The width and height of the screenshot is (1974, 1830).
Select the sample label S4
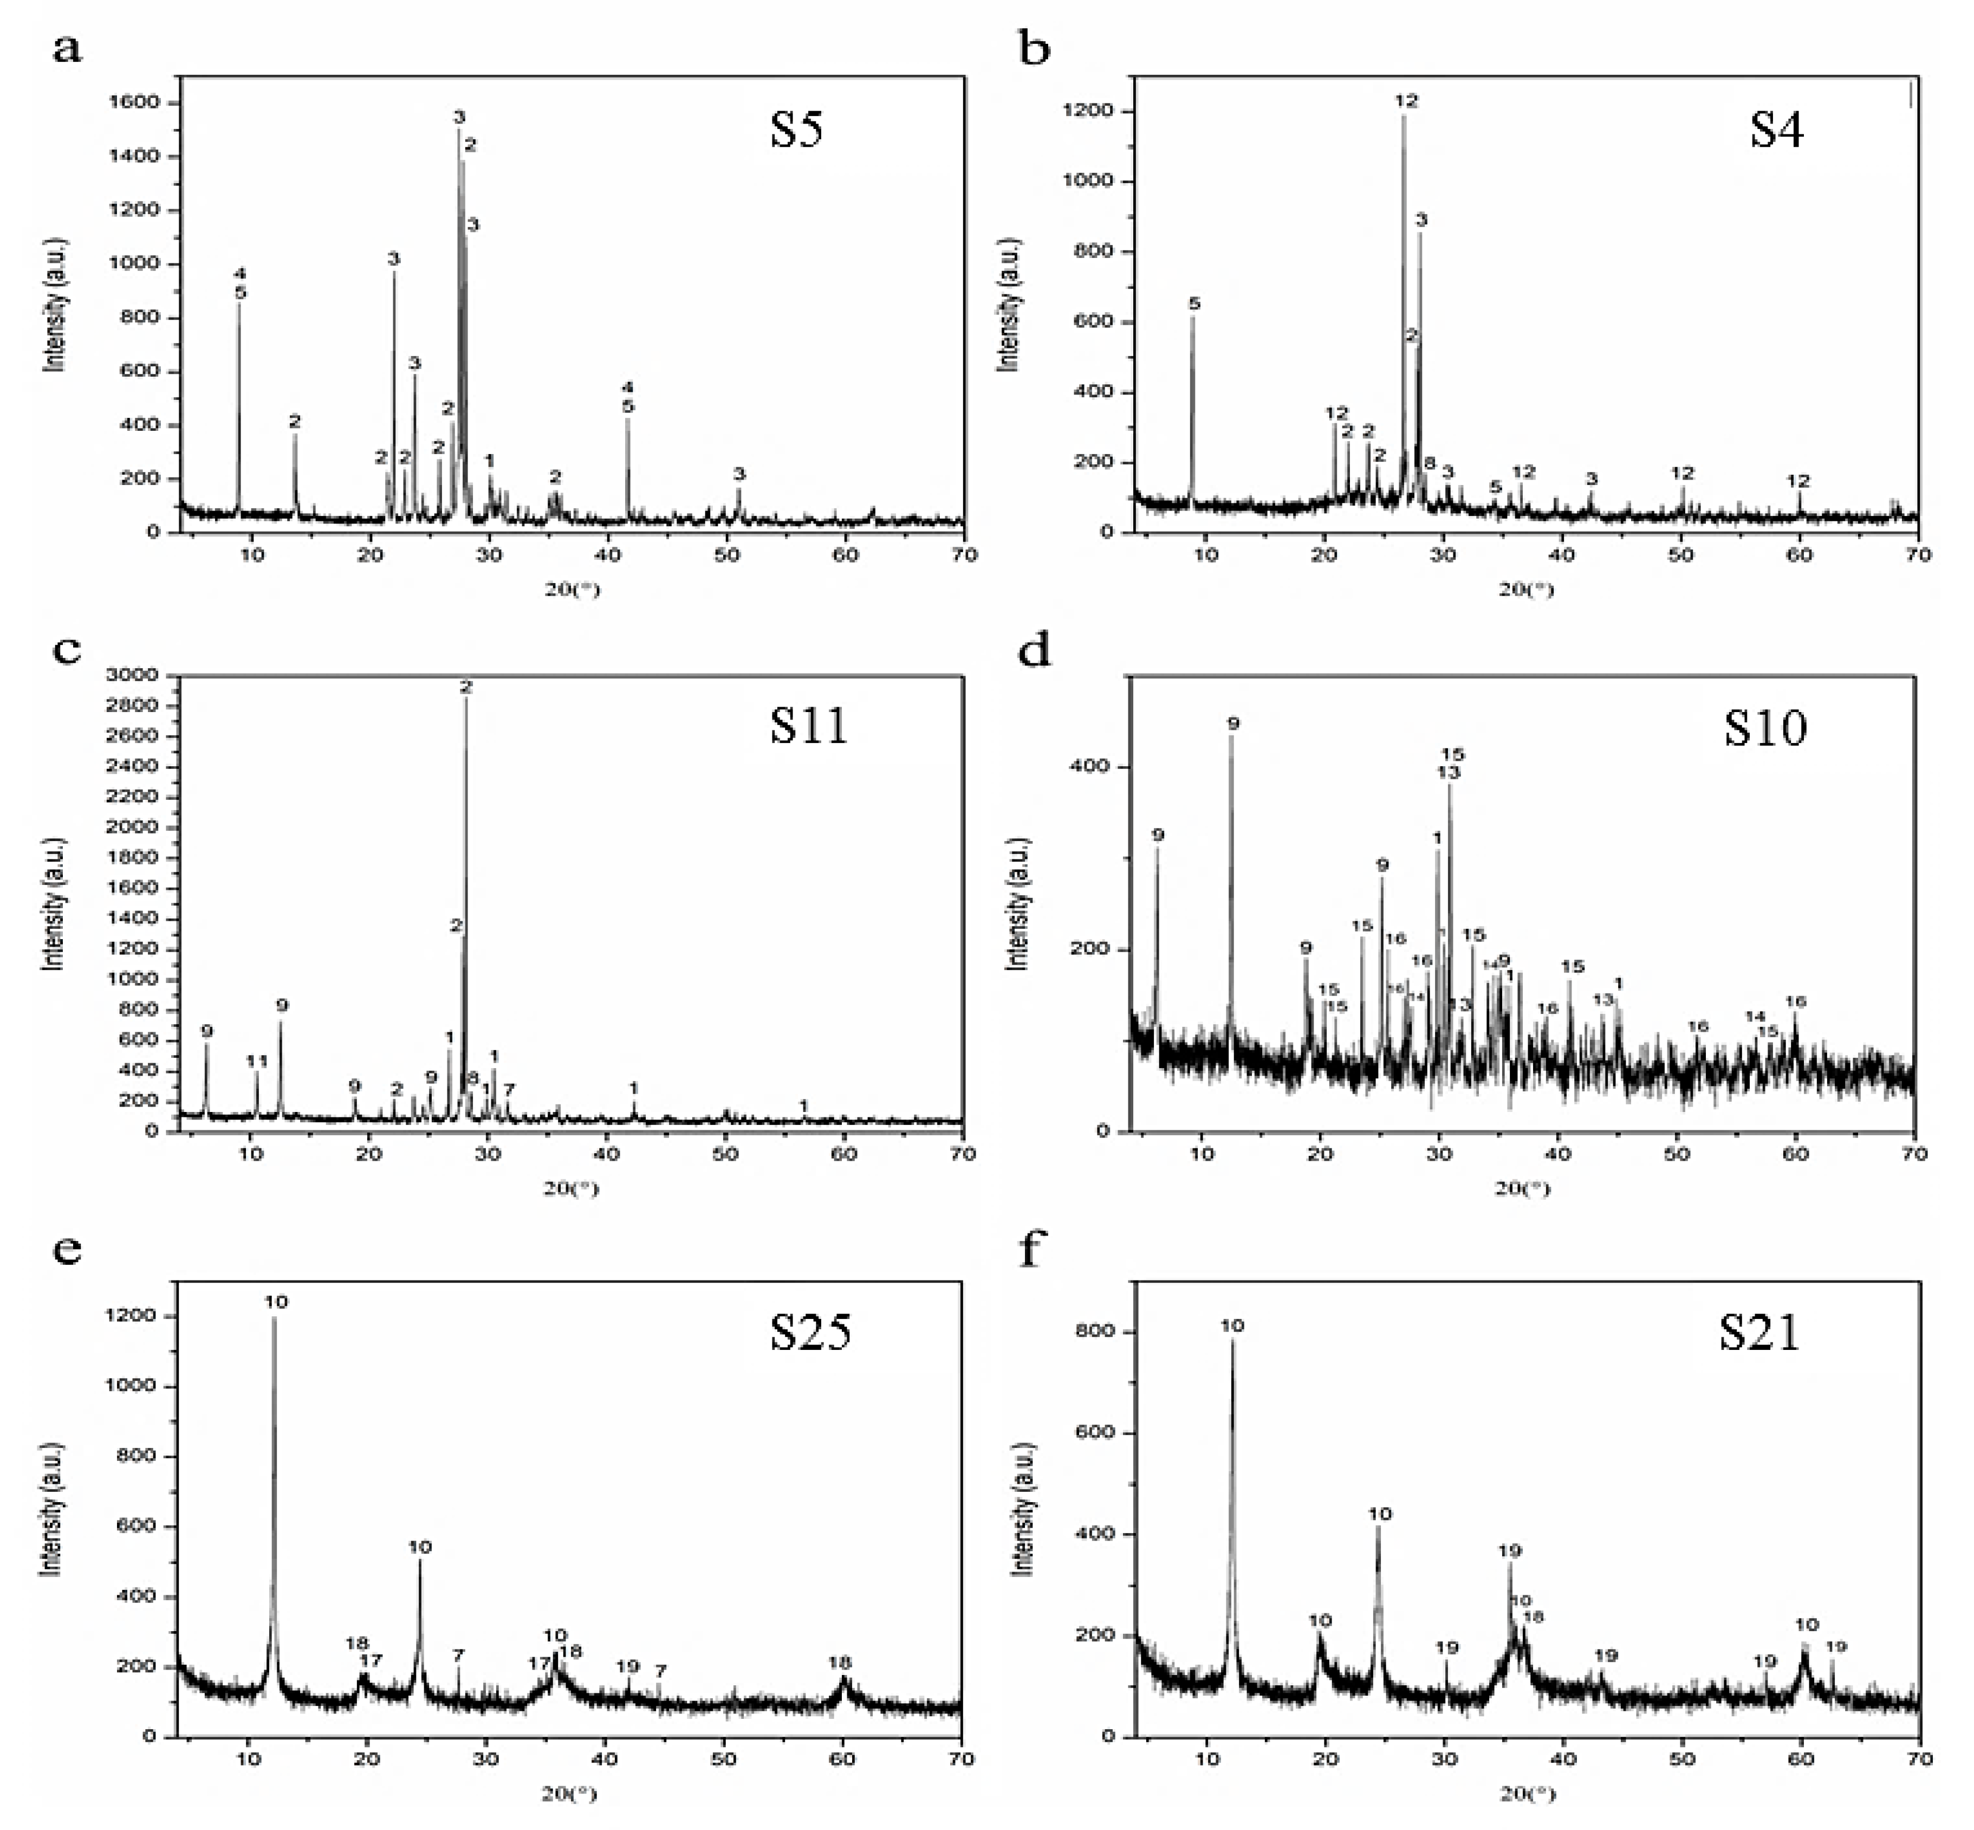(x=1776, y=130)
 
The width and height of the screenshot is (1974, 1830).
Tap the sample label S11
(x=809, y=726)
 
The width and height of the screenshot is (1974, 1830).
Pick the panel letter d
(x=1035, y=651)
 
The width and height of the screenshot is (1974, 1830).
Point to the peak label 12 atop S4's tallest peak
(x=1406, y=101)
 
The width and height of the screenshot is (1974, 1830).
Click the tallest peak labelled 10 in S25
(x=275, y=1302)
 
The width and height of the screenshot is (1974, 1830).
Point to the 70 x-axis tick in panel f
(x=1919, y=1760)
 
